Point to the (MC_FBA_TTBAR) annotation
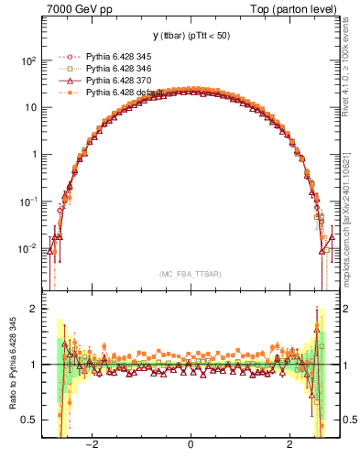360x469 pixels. pos(190,274)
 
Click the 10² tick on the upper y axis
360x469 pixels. pos(29,60)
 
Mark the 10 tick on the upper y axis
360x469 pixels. pos(31,107)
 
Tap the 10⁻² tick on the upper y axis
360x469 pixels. pos(29,248)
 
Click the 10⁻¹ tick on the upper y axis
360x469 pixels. pos(29,202)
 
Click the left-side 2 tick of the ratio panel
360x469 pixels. pos(34,310)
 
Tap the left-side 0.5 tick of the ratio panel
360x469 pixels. pos(30,420)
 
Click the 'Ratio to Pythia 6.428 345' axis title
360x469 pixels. pos(12,365)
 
